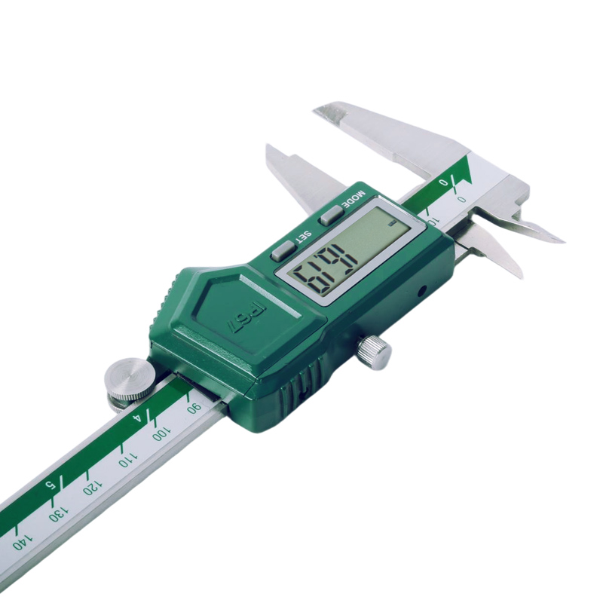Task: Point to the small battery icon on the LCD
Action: tap(393, 225)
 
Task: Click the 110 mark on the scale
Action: tap(125, 459)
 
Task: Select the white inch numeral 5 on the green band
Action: tap(51, 483)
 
